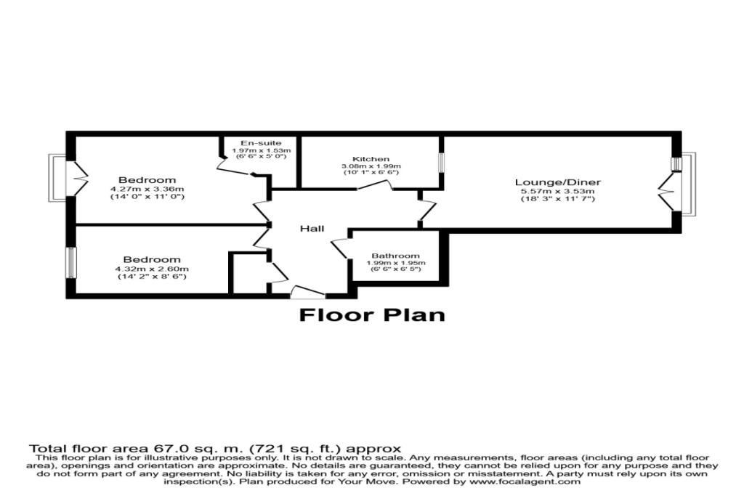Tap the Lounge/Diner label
(x=558, y=182)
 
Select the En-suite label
(x=262, y=143)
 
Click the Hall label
(x=312, y=229)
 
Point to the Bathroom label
(x=396, y=256)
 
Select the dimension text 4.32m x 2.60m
(x=151, y=269)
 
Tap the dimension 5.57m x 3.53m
(x=558, y=191)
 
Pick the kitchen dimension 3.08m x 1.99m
(x=371, y=166)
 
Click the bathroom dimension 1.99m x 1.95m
(x=396, y=263)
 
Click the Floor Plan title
(x=372, y=315)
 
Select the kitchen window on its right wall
(x=440, y=162)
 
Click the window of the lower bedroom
(x=70, y=262)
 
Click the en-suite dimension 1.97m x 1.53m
(x=262, y=150)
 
